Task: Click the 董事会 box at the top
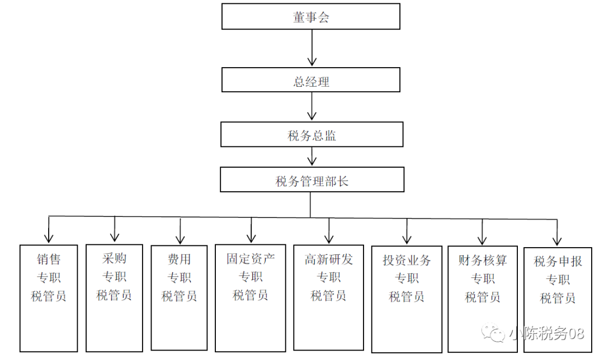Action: click(311, 17)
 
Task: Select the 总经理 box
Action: click(311, 80)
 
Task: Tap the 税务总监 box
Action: click(312, 135)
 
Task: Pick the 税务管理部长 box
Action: click(312, 181)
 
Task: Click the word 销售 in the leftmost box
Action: click(49, 259)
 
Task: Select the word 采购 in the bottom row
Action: click(114, 258)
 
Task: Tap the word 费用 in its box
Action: click(179, 259)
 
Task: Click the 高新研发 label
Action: click(328, 259)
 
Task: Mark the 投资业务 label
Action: click(407, 260)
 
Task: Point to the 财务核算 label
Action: click(483, 260)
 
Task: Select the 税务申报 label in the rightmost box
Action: click(558, 261)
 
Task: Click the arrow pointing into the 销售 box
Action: click(49, 230)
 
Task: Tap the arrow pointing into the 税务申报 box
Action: click(556, 231)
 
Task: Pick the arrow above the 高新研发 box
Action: click(329, 230)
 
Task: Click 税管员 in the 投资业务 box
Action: click(407, 296)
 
